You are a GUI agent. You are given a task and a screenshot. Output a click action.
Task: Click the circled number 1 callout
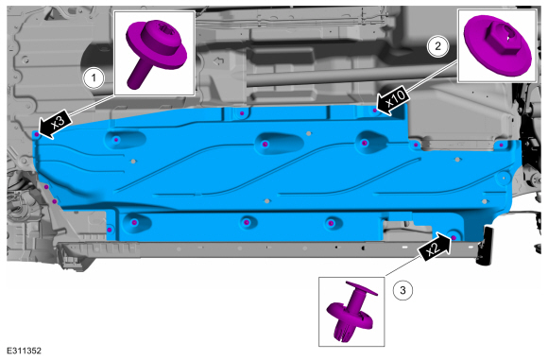[94, 77]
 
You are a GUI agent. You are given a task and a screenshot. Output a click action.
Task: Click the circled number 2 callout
[437, 46]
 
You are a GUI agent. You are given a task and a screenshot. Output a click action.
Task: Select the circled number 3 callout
[402, 290]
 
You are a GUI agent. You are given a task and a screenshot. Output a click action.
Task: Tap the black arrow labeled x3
[55, 126]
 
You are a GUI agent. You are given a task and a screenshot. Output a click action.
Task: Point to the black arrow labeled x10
[392, 100]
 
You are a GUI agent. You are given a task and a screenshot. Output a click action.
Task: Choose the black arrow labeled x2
[435, 248]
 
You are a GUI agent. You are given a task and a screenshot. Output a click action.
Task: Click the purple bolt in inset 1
[155, 52]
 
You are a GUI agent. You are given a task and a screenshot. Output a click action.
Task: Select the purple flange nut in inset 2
[497, 44]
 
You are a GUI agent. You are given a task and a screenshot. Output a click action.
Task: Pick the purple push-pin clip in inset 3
[351, 311]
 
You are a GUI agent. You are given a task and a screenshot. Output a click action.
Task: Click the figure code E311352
[24, 351]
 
